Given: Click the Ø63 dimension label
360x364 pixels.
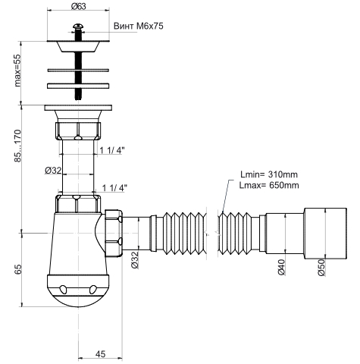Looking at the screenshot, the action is click(x=78, y=6).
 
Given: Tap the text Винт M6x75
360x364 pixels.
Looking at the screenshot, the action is click(x=139, y=26).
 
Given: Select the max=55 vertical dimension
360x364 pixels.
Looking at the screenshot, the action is click(x=17, y=71).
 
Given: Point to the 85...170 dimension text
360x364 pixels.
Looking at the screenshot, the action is click(x=17, y=146).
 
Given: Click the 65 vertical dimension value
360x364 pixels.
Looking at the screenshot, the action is click(x=18, y=270).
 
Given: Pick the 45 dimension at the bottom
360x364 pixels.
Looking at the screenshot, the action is click(x=100, y=354).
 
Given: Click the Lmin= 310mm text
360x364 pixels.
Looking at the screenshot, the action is click(x=269, y=174).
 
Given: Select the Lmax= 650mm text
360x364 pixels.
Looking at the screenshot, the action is click(x=269, y=185).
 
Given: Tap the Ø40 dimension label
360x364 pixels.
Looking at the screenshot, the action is click(x=281, y=267).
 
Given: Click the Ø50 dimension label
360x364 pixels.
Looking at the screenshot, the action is click(x=321, y=268).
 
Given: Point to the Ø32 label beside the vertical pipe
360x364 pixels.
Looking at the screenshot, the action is click(x=53, y=171).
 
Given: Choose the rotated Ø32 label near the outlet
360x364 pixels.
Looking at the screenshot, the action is click(x=135, y=259).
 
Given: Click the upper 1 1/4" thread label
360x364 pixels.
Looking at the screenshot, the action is click(x=112, y=151).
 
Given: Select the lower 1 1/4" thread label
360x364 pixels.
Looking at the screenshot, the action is click(x=114, y=188).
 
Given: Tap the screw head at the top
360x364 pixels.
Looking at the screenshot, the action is click(x=78, y=26).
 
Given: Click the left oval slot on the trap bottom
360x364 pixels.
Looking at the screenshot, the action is click(x=63, y=289).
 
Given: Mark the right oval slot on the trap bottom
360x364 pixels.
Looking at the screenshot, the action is click(x=93, y=289).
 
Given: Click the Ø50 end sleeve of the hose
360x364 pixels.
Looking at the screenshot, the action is click(x=325, y=234).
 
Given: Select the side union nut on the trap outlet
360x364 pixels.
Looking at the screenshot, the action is click(x=114, y=233).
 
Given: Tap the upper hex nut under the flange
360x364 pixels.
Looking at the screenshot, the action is click(x=78, y=131).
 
